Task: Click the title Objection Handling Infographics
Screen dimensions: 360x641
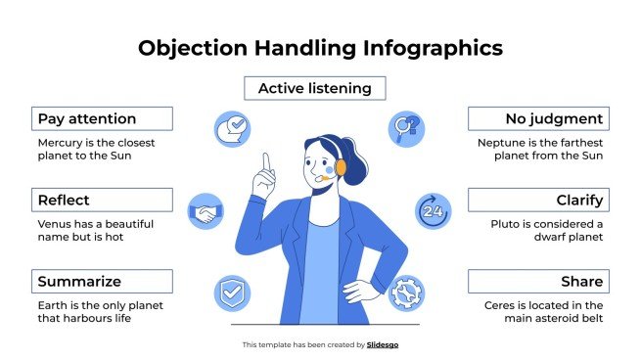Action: (x=320, y=47)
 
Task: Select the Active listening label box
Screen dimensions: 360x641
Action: (x=314, y=89)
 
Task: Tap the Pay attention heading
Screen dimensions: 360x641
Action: (x=102, y=119)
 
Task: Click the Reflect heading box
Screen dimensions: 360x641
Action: (x=102, y=201)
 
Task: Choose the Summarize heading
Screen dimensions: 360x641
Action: (x=102, y=282)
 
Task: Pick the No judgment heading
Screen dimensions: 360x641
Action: (x=537, y=119)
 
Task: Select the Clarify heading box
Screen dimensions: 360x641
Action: (x=537, y=201)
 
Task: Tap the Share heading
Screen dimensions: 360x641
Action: (x=537, y=282)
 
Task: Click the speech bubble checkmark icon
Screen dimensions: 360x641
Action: (x=233, y=128)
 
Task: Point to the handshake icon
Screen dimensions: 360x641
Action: (x=206, y=210)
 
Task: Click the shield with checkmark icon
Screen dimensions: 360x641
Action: (x=232, y=292)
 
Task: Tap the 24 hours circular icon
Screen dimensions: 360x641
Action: (x=434, y=210)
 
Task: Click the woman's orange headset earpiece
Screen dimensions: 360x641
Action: (x=341, y=166)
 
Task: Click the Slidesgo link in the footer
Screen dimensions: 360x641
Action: (x=383, y=344)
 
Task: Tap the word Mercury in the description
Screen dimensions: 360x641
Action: (x=61, y=142)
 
